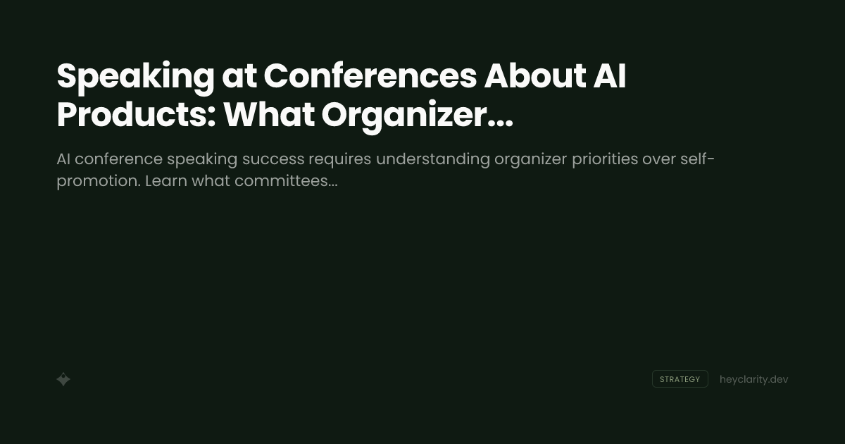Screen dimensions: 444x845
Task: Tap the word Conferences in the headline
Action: click(370, 76)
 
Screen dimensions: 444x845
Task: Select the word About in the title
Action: click(535, 76)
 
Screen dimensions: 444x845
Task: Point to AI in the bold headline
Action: click(610, 76)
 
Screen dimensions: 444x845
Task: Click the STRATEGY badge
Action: click(680, 379)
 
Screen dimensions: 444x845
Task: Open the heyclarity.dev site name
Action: click(753, 379)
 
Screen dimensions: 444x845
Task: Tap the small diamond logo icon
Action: click(63, 379)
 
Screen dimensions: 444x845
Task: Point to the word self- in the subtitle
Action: click(698, 159)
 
